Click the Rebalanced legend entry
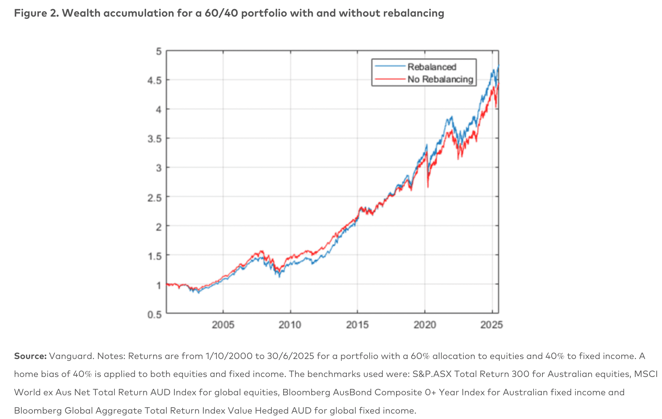coord(432,67)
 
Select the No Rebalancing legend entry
coord(440,79)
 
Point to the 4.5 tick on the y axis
coord(154,80)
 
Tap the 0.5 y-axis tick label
coord(154,315)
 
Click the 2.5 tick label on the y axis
coord(154,197)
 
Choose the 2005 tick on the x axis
coord(223,325)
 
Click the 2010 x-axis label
coord(290,325)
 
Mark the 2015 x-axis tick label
coord(357,325)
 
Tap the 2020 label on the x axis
coord(425,325)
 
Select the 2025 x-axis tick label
coord(492,325)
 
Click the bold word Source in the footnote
coord(30,356)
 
